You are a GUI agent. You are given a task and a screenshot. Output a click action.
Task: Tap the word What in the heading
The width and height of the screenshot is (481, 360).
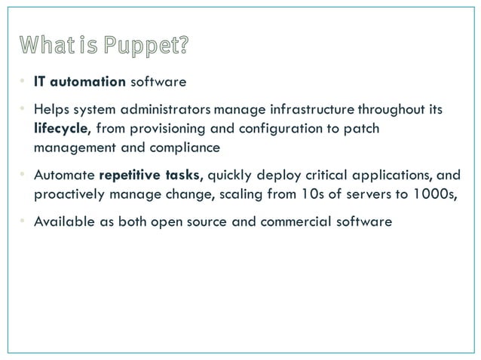pos(44,46)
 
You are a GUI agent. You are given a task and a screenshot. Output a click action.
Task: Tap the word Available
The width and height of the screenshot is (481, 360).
pos(61,224)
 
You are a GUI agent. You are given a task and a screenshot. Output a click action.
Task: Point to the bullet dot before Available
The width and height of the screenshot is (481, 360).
pos(23,224)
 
